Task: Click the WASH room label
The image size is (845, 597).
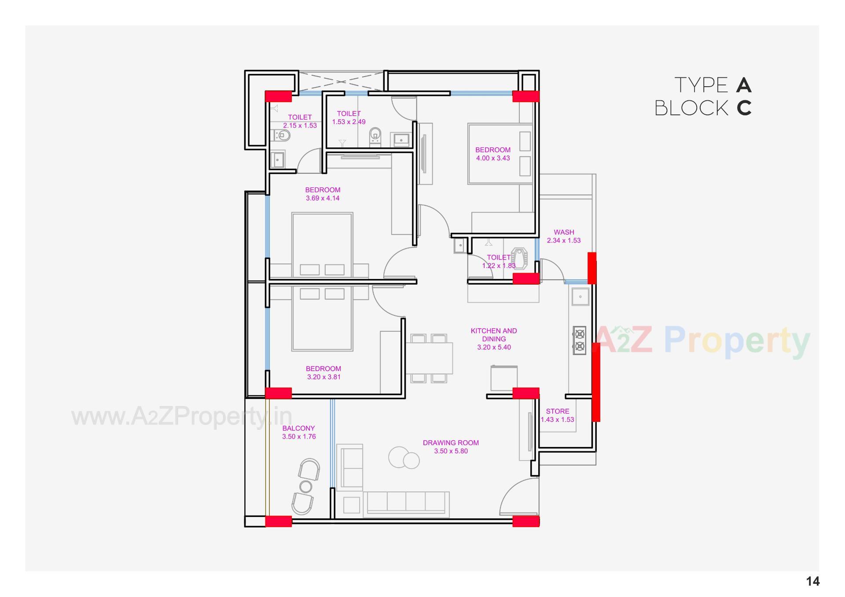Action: (x=564, y=232)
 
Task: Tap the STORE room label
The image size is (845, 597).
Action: (x=558, y=411)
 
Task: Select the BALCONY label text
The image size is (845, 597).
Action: (x=298, y=428)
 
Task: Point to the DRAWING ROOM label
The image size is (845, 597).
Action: (x=451, y=443)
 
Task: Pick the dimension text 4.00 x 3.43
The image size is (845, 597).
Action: (x=493, y=158)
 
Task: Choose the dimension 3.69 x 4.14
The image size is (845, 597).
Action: (x=323, y=198)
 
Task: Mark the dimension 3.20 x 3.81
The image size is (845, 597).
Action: (x=323, y=377)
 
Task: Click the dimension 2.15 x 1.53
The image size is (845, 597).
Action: (x=300, y=125)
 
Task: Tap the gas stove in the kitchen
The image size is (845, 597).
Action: (x=580, y=340)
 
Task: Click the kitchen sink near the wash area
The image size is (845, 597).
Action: (x=580, y=297)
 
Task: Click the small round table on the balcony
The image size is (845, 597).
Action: (x=305, y=487)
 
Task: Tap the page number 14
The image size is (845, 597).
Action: (x=812, y=582)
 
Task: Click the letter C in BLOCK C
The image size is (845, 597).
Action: (x=744, y=108)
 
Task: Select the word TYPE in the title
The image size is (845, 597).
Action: (x=701, y=85)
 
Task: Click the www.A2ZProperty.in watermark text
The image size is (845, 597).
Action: (x=182, y=416)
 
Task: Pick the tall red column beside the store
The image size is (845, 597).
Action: (x=596, y=382)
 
